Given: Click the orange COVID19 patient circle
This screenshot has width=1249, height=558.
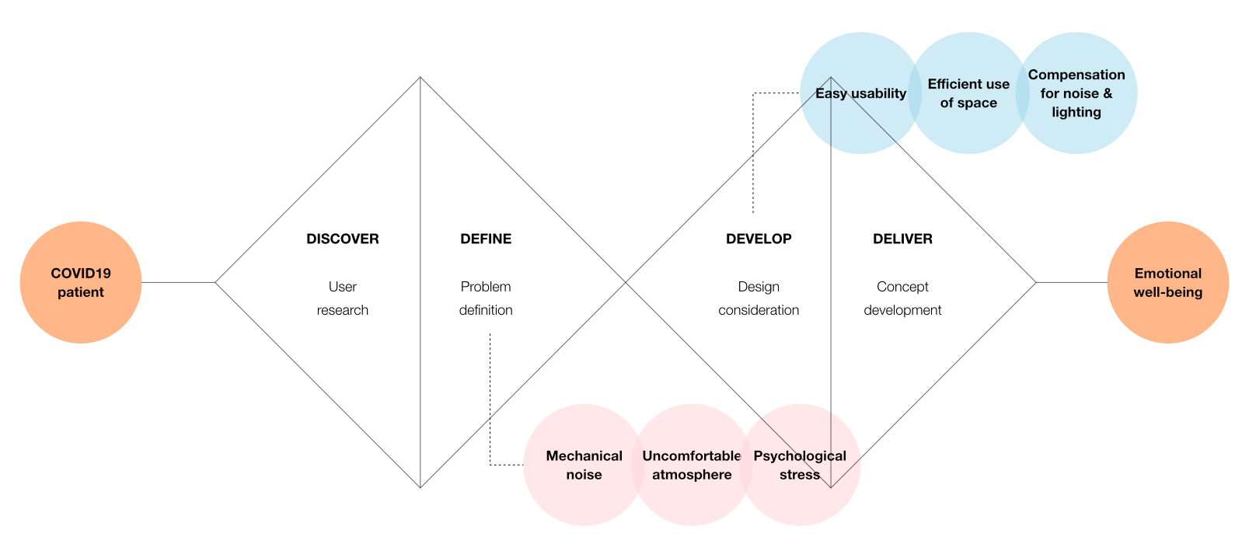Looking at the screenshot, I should pos(81,283).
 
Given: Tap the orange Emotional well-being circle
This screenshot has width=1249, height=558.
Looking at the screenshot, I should pos(1167,283).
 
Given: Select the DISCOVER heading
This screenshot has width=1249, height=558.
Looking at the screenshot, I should pos(342,239).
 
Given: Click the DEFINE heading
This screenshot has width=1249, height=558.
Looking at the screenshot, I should pos(486,239).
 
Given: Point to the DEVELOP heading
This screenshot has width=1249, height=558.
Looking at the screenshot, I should pos(759,239).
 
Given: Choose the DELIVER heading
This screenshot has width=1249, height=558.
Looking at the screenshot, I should pos(902,239).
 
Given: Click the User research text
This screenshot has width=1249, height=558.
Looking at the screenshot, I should pos(342,298).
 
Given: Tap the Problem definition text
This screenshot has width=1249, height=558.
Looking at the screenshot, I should pos(486,298).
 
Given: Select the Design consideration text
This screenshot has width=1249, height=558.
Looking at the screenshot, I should pos(759,298).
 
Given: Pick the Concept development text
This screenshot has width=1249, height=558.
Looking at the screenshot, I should pos(902,298).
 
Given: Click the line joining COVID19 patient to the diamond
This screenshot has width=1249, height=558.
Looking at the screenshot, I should pos(178,283).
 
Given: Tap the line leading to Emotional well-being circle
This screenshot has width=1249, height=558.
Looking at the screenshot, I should pos(1071,283).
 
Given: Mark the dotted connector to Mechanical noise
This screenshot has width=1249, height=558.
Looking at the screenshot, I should pos(490,404).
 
